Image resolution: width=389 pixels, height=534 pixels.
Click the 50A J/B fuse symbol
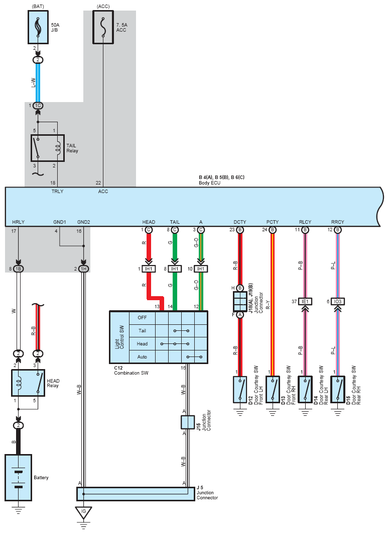coord(38,27)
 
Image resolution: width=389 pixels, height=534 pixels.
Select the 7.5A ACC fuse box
coord(103,27)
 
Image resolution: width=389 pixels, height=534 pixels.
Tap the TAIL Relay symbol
coord(48,148)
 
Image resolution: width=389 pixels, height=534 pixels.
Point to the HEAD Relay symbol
coord(28,383)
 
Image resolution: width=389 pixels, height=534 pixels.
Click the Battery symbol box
coord(19,478)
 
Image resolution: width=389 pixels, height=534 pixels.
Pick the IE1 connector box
coord(305,301)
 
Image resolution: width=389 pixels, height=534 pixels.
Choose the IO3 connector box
coord(338,301)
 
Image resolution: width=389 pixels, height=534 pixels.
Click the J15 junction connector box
coord(188,422)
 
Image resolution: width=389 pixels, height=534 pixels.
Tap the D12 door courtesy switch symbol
coord(240,389)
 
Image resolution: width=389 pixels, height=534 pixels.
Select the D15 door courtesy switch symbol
coord(338,389)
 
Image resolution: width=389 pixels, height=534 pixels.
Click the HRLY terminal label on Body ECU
coord(19,222)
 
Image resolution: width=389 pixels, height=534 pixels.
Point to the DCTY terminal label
coord(240,222)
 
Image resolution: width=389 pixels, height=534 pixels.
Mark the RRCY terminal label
coord(338,222)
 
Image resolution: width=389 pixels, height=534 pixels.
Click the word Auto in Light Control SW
coord(142,357)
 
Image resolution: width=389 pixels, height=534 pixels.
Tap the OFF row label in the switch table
coord(142,318)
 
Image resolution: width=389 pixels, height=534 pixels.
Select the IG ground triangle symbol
coord(83,513)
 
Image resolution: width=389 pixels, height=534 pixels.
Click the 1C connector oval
coord(38,106)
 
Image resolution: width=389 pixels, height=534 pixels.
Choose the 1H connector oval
coord(83,269)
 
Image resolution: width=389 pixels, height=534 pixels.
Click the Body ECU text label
coord(209,183)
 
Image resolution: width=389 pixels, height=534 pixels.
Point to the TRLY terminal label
coord(57,192)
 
